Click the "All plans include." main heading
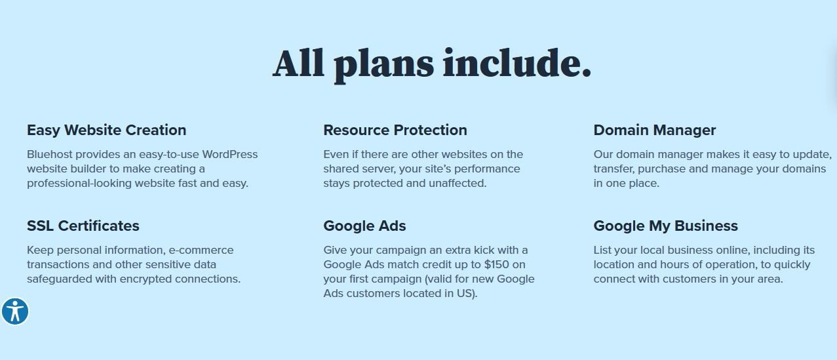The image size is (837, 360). point(431,64)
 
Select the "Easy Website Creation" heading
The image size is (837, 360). point(106,130)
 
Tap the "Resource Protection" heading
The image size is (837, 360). point(395,130)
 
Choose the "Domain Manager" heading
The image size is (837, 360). point(654,130)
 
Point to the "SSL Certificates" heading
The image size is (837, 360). point(83,226)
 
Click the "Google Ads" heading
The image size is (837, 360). point(364,226)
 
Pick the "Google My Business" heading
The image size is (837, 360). point(665,226)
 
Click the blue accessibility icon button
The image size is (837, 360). point(15,311)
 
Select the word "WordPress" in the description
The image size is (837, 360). point(230,154)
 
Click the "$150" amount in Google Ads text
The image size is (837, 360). point(496,264)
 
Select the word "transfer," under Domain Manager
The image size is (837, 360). point(614,169)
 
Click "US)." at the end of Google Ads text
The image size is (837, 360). point(467,294)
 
